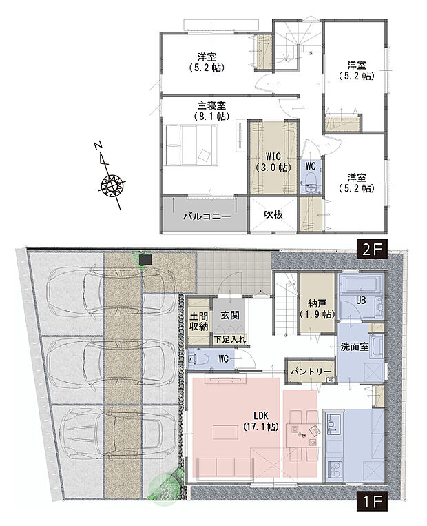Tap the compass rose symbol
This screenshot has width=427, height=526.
(x=112, y=185)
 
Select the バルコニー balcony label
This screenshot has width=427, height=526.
(x=205, y=216)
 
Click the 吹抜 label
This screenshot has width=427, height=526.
(x=273, y=215)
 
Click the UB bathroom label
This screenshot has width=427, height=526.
(x=361, y=301)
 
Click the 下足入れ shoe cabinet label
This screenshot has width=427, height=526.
(x=230, y=339)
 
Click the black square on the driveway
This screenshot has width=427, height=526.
(x=145, y=260)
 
